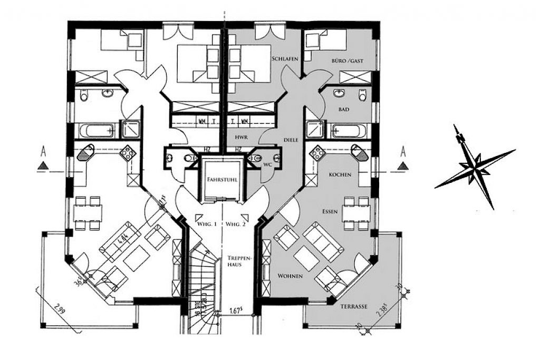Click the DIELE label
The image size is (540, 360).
coord(291,140)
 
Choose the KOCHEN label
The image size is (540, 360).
coord(340,174)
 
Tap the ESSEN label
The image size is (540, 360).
coord(330,211)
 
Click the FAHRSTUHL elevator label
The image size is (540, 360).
coord(221,179)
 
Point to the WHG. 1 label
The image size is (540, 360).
coord(208,225)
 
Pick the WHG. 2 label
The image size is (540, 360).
coord(236,225)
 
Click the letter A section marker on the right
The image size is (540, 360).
coord(404,152)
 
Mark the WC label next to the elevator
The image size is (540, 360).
coord(267,164)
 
